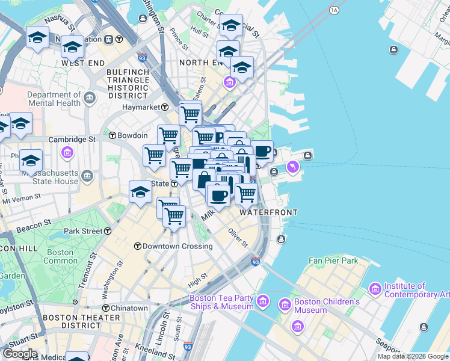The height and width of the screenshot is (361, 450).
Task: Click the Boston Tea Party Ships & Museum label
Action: click(x=221, y=302)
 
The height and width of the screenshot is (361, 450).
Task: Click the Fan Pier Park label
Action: click(x=333, y=261)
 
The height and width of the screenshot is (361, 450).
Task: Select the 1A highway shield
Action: click(x=334, y=10)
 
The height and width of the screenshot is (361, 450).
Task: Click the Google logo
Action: click(x=19, y=354)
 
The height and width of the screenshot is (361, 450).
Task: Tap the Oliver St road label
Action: click(x=238, y=237)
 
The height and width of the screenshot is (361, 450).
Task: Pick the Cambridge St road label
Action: click(x=72, y=139)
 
